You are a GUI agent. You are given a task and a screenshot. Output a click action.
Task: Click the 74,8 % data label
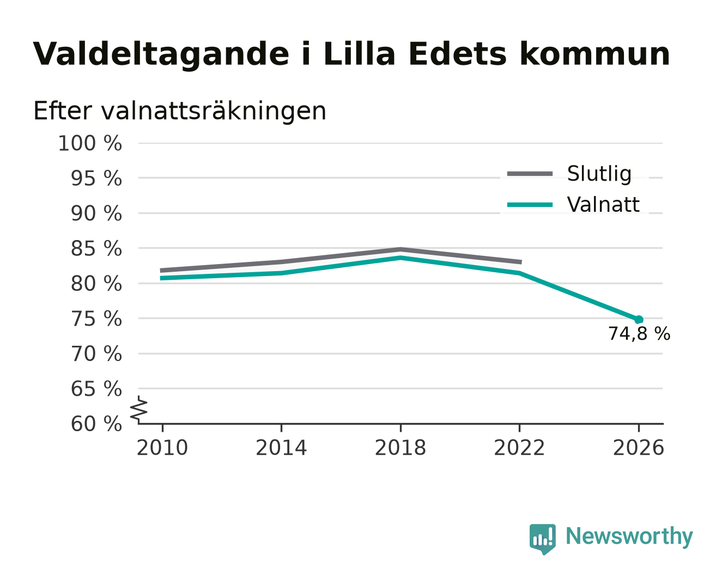click(639, 334)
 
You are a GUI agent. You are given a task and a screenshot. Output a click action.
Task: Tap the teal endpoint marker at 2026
click(639, 320)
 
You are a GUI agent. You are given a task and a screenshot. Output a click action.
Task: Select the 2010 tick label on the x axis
click(162, 448)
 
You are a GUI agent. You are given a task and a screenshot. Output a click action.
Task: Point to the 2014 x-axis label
click(281, 448)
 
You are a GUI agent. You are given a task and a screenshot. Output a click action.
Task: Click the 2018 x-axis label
click(401, 448)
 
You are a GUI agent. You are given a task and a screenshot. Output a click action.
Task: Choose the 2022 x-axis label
click(519, 448)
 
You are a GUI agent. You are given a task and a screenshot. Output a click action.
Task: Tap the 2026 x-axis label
click(639, 448)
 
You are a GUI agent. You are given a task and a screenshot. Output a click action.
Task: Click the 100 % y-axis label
click(90, 143)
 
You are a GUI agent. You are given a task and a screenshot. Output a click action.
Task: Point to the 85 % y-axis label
click(96, 248)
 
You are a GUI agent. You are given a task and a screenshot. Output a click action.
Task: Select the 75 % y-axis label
click(96, 319)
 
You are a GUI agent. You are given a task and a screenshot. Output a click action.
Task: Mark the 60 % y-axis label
click(96, 424)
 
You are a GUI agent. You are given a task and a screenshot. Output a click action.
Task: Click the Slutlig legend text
click(599, 174)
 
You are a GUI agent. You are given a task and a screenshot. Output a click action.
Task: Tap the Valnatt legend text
click(603, 205)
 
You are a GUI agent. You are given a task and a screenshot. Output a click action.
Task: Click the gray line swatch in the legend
click(530, 174)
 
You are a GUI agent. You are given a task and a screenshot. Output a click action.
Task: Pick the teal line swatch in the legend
click(530, 205)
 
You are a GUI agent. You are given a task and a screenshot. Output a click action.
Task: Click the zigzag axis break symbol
click(139, 410)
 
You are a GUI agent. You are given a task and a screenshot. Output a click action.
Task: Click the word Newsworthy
click(629, 536)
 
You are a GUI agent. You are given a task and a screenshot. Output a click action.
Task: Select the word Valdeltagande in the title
click(161, 54)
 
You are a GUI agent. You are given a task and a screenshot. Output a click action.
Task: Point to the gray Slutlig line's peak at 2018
click(401, 249)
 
